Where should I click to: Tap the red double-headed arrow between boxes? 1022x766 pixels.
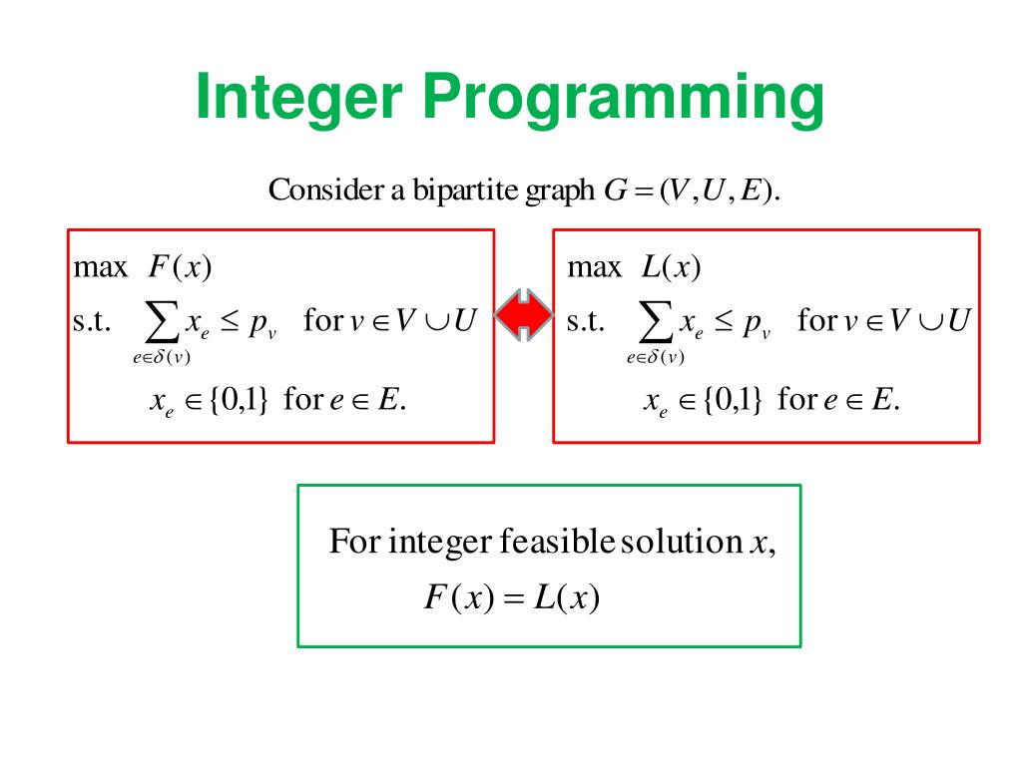tap(524, 317)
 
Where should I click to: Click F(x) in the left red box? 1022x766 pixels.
tap(181, 267)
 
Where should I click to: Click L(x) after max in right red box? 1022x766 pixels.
tap(672, 267)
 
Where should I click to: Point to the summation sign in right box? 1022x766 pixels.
tap(655, 321)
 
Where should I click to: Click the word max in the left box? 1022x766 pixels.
tap(101, 267)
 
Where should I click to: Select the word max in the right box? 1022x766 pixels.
tap(594, 267)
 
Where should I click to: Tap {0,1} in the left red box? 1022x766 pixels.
tap(238, 400)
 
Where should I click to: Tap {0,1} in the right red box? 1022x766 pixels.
tap(732, 400)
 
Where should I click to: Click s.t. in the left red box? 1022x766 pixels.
tap(92, 321)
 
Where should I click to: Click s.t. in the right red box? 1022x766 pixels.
tap(586, 321)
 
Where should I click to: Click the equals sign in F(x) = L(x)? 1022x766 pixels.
tap(513, 597)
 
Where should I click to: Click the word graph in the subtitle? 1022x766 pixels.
tap(559, 190)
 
